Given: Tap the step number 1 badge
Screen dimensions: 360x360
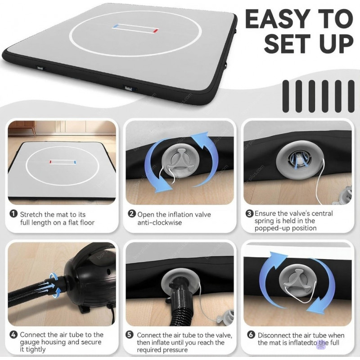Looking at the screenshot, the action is click(13, 213).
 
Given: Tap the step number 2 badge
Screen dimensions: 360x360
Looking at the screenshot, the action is click(131, 214).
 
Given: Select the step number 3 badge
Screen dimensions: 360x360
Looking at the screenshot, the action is click(249, 213).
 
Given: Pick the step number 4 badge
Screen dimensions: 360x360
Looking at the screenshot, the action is click(13, 334).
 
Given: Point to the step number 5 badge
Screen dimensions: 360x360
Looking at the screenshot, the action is click(130, 335).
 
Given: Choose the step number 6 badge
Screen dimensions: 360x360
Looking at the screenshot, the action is click(251, 334).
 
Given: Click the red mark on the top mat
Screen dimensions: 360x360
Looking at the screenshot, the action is click(156, 31).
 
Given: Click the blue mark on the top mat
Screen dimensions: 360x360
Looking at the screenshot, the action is click(116, 26).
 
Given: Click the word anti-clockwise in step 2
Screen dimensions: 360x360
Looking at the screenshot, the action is click(160, 222).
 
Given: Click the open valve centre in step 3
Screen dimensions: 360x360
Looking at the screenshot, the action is click(298, 159).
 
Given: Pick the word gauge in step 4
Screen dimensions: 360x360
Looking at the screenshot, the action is click(29, 342).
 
